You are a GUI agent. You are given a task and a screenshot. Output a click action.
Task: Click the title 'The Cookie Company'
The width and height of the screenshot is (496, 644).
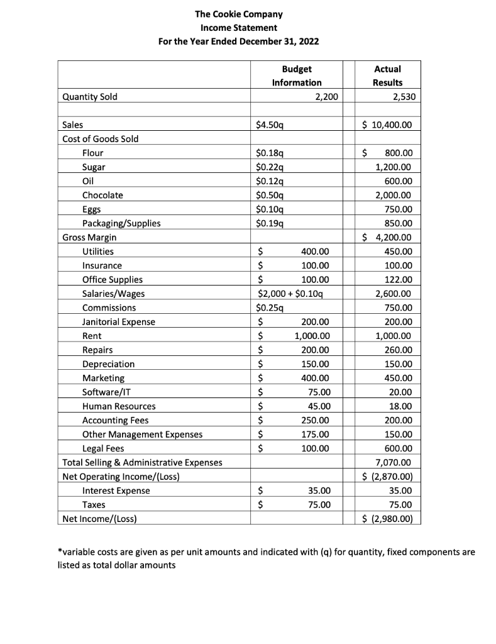click(x=238, y=14)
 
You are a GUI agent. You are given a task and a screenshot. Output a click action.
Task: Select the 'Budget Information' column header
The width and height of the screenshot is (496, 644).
click(x=296, y=75)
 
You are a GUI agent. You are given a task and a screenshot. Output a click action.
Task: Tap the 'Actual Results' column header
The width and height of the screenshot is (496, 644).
click(x=387, y=75)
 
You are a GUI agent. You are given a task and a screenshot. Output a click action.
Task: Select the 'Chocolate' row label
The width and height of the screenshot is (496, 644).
click(x=102, y=195)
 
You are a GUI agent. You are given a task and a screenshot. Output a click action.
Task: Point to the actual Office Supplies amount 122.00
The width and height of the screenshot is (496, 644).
click(x=398, y=279)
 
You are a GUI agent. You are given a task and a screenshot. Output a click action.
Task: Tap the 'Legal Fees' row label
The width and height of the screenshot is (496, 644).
click(x=103, y=448)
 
